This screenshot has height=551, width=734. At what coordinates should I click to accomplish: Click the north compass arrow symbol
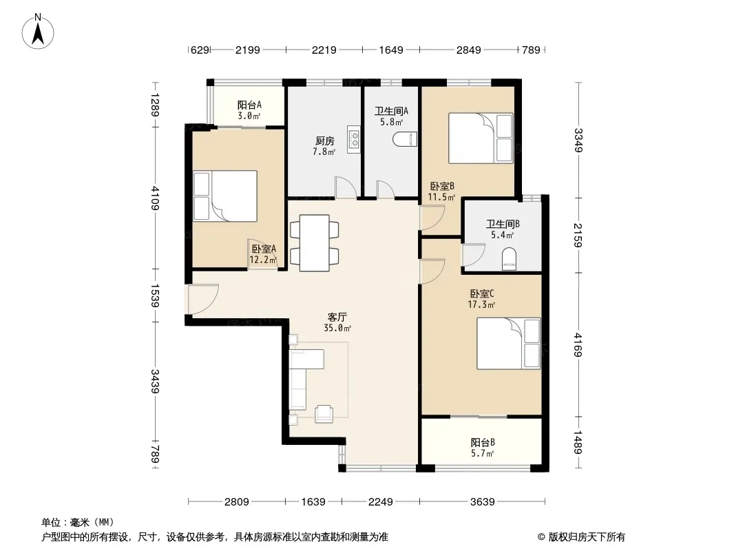(38, 31)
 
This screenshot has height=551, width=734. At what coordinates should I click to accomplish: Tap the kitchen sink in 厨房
(354, 139)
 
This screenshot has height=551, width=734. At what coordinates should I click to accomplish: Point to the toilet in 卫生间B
(509, 259)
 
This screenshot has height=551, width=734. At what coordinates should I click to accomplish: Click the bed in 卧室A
(225, 196)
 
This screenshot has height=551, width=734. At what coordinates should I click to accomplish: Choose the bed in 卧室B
(481, 138)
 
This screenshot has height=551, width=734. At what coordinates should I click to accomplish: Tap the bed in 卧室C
(509, 344)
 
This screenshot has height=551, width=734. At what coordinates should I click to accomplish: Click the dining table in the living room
(315, 242)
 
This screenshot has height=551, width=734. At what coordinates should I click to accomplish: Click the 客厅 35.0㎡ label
(337, 322)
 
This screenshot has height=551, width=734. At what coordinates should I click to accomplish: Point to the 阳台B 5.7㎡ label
(483, 448)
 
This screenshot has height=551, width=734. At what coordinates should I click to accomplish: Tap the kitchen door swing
(346, 187)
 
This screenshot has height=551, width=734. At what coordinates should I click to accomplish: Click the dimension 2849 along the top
(469, 50)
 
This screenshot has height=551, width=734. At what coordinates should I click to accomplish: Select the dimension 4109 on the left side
(155, 198)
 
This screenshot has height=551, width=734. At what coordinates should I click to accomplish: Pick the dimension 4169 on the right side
(578, 344)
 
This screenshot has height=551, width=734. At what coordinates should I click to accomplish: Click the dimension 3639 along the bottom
(482, 502)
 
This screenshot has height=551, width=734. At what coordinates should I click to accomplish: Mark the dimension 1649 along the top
(391, 50)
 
